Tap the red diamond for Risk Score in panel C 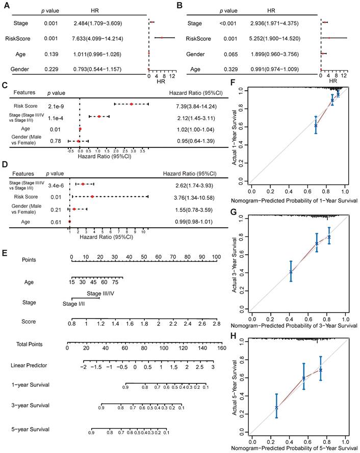pyautogui.click(x=131, y=104)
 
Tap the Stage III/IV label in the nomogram pyautogui.click(x=100, y=294)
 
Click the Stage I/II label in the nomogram pyautogui.click(x=73, y=304)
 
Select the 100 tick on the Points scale pyautogui.click(x=216, y=256)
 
